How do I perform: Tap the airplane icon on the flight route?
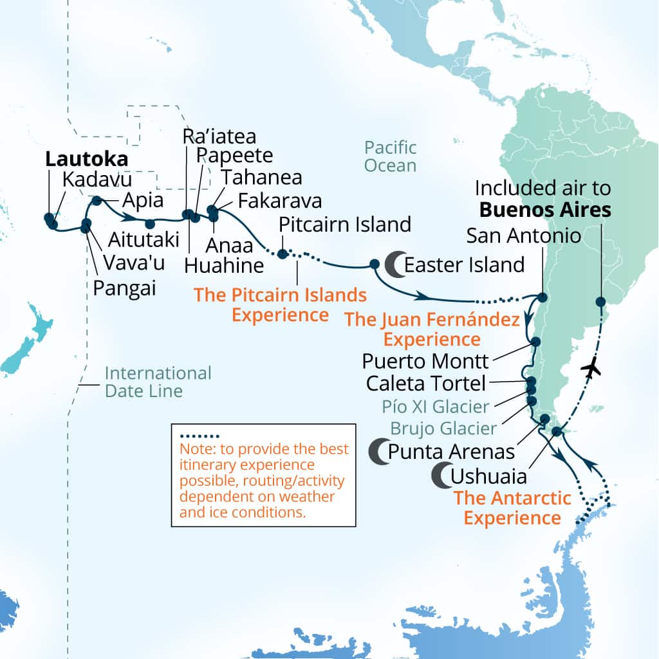point(590,369)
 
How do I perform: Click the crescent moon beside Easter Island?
point(394,265)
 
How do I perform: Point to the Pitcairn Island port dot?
point(282,253)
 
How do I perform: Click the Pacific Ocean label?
point(390,156)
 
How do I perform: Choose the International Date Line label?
point(158,382)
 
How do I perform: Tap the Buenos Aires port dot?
point(600,301)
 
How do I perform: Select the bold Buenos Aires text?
point(545,209)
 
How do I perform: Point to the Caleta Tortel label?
point(425,384)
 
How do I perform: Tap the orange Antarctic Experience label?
point(512,507)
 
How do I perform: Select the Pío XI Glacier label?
point(435,406)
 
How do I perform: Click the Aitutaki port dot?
point(149,224)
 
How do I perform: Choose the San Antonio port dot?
point(543,297)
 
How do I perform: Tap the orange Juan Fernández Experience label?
point(431,329)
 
